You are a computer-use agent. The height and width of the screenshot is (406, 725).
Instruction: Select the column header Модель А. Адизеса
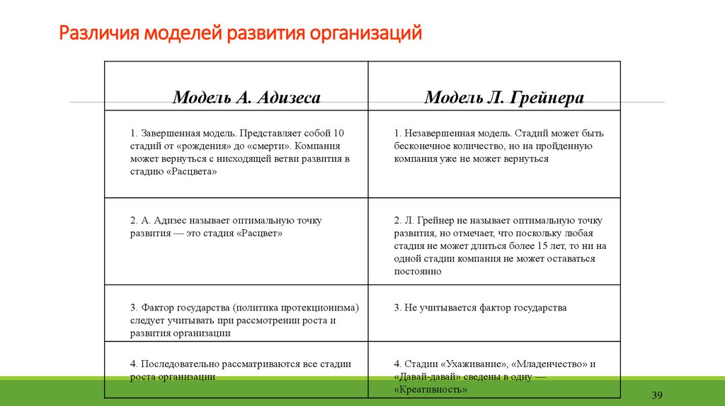[x=246, y=98]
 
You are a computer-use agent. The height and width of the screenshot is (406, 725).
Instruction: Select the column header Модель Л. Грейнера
[x=504, y=98]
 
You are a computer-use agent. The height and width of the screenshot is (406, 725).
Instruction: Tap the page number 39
[x=656, y=394]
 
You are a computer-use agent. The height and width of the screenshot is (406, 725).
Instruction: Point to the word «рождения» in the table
[x=202, y=146]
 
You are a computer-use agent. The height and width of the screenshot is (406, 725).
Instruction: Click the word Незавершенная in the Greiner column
[x=438, y=133]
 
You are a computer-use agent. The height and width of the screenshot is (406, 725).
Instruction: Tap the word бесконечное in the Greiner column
[x=422, y=146]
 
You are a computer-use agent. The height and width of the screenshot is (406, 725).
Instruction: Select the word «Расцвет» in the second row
[x=259, y=233]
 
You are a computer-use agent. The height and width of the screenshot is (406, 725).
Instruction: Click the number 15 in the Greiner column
[x=544, y=246]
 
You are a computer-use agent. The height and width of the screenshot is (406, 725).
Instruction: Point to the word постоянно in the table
[x=418, y=271]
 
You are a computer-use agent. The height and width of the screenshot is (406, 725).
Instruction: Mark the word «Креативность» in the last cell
[x=430, y=389]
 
